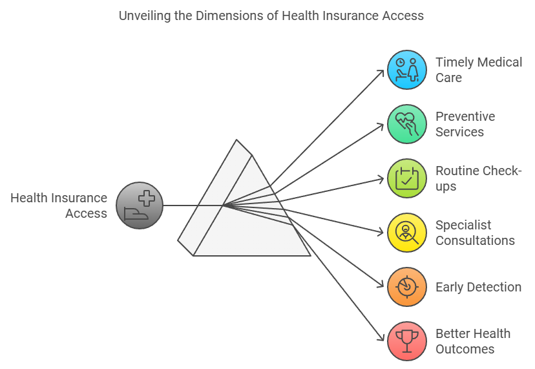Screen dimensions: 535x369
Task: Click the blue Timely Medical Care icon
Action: click(x=406, y=70)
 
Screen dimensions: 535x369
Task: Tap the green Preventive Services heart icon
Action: click(x=406, y=124)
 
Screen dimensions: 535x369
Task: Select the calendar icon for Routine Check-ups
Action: click(x=406, y=178)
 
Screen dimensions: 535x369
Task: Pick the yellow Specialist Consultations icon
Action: click(x=406, y=233)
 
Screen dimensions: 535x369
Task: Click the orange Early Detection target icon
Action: click(x=406, y=287)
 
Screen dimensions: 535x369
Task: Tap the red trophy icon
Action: click(x=406, y=341)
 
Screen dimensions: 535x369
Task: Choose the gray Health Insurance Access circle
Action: click(x=140, y=206)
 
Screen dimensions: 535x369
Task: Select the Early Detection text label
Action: click(x=478, y=288)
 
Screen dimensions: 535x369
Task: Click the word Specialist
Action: click(x=463, y=225)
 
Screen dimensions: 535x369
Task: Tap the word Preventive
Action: click(x=465, y=116)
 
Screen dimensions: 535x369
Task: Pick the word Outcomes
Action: click(x=465, y=349)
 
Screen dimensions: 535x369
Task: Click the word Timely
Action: click(x=455, y=63)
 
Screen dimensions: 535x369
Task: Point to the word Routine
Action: click(x=458, y=171)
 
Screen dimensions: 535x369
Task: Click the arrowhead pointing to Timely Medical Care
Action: click(x=381, y=73)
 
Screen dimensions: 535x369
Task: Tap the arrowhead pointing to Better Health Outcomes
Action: click(x=381, y=337)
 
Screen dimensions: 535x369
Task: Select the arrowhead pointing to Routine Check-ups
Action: click(x=381, y=179)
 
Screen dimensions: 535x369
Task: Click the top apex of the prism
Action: click(x=236, y=140)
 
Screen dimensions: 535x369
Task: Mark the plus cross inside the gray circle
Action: click(x=147, y=198)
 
